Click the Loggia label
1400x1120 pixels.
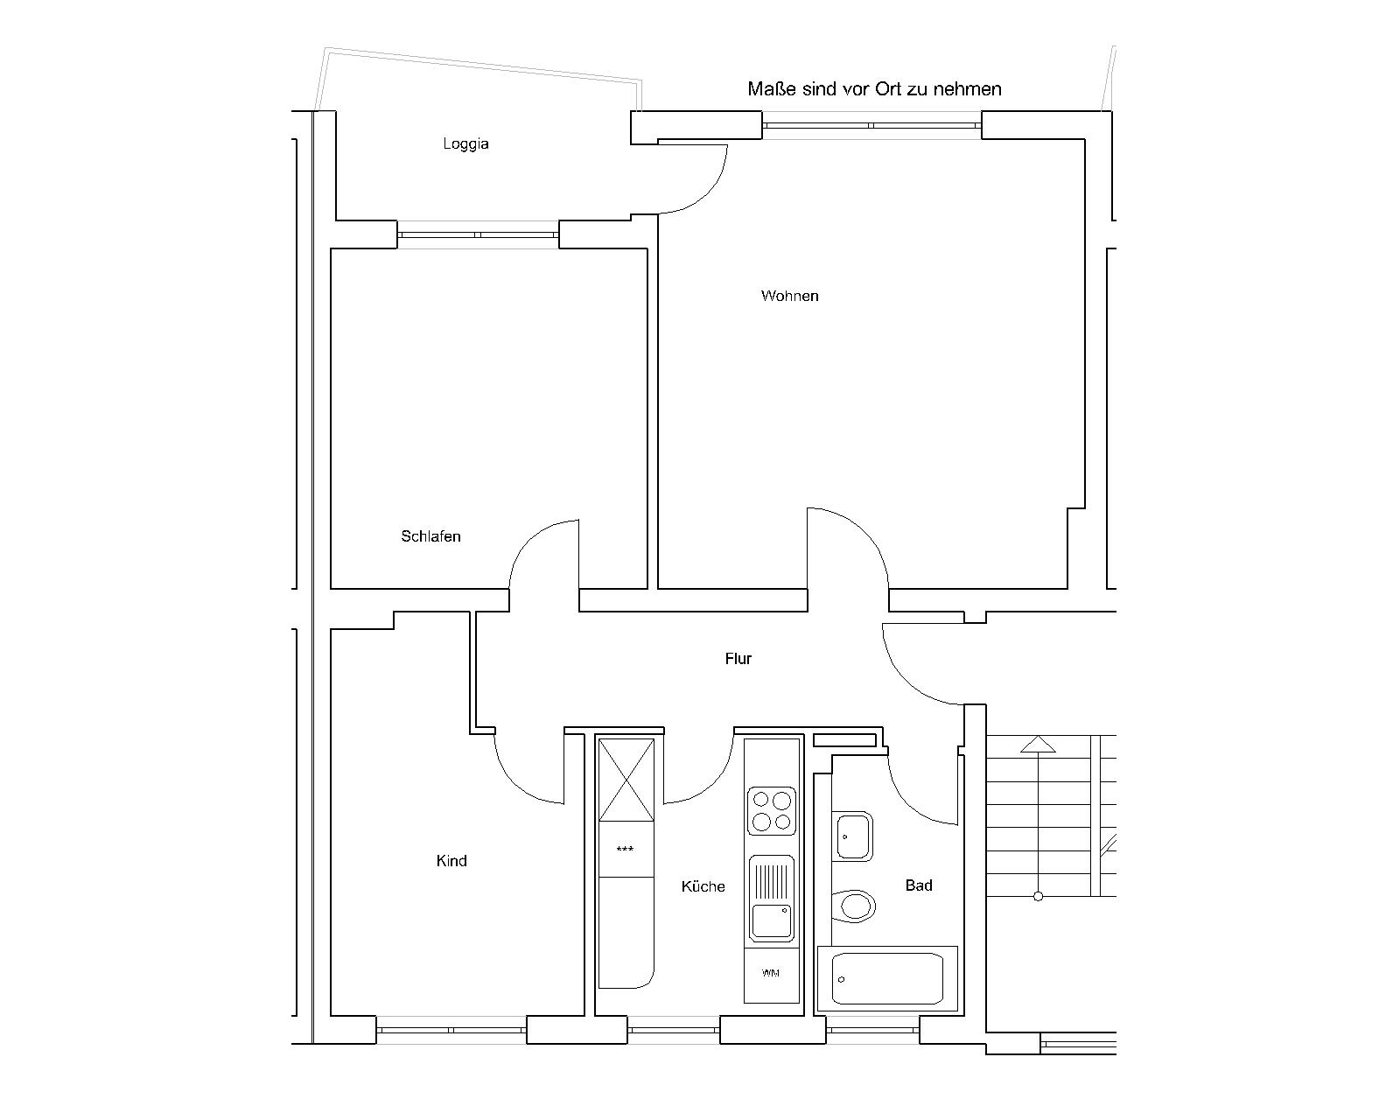click(x=465, y=143)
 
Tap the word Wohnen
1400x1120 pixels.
click(x=790, y=296)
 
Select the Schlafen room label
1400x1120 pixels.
click(x=430, y=536)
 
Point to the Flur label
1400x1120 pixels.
click(x=738, y=659)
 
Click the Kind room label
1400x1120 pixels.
click(x=451, y=861)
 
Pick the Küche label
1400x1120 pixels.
click(x=703, y=886)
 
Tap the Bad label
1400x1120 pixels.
click(x=919, y=885)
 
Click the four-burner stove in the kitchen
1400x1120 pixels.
click(x=772, y=811)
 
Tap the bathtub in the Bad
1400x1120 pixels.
click(x=887, y=979)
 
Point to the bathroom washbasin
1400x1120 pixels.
click(x=852, y=836)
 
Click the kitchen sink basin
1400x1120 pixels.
click(x=772, y=920)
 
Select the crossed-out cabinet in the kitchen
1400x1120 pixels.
click(x=626, y=780)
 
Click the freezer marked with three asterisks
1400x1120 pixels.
click(x=626, y=850)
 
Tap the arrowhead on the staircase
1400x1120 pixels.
click(x=1038, y=744)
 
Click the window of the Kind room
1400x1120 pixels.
click(x=451, y=1030)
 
